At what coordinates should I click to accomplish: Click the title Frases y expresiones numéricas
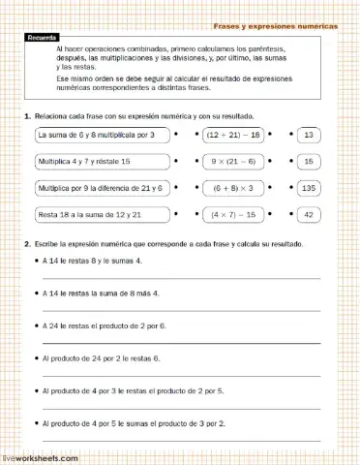point(275,26)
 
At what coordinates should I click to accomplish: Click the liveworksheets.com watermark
point(40,455)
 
